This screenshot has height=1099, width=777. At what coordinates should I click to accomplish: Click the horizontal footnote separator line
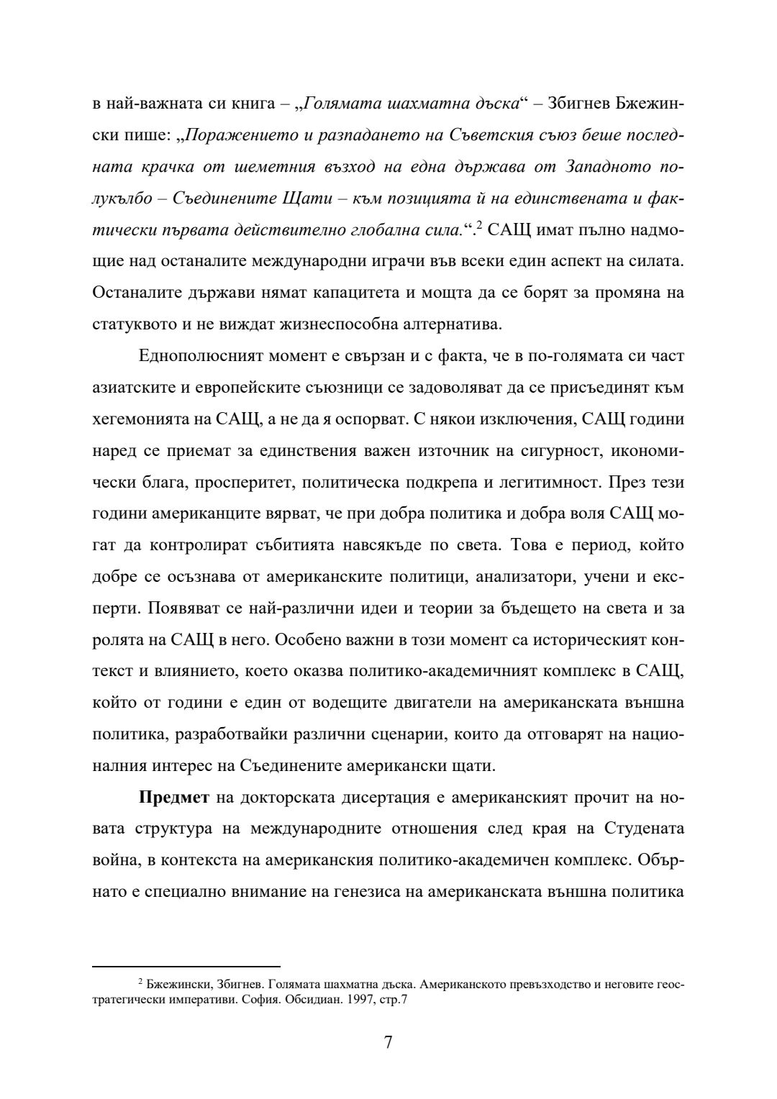[186, 967]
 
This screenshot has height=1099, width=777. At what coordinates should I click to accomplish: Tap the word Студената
[644, 829]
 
